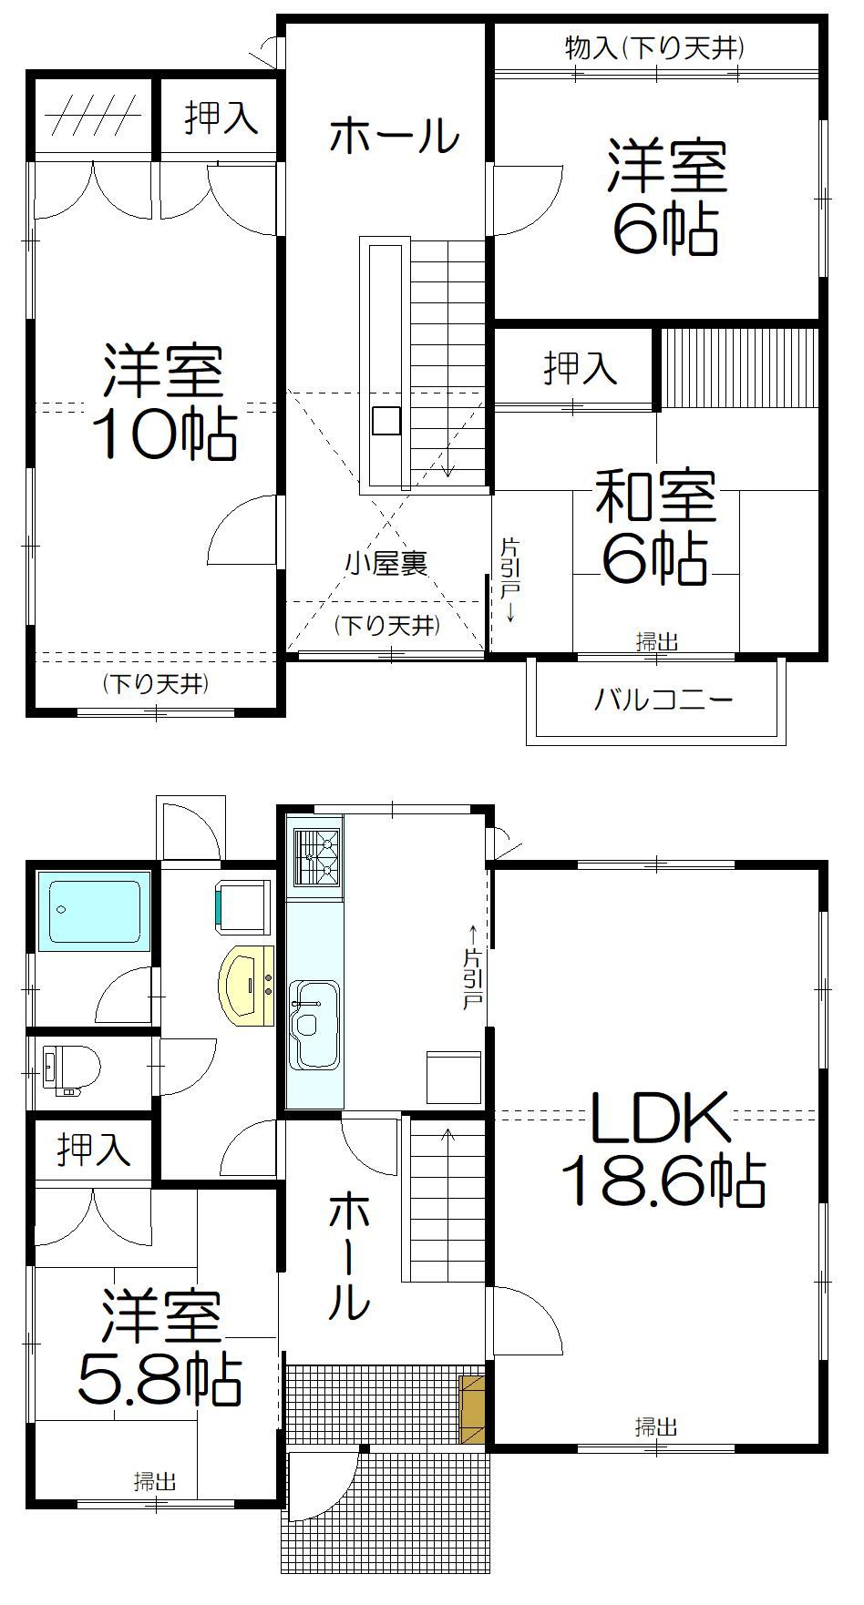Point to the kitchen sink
314,1025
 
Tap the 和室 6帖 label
655,526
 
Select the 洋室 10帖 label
164,402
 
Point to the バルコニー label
663,700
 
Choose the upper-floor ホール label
395,137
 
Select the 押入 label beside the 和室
581,367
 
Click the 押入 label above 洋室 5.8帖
94,1150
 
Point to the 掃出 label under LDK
656,1426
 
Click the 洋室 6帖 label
666,195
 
